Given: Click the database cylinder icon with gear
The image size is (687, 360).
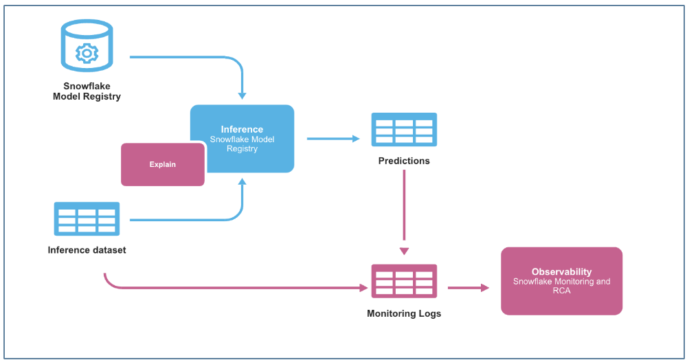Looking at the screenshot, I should tap(87, 47).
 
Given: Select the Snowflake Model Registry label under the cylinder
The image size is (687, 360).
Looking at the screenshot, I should tap(87, 91).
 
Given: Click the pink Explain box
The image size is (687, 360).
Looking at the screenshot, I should tap(163, 164).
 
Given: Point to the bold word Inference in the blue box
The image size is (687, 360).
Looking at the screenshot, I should tap(242, 129).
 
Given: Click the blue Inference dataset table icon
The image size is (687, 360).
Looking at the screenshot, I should tap(87, 218).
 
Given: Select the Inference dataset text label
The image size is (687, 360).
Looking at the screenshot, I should tap(87, 250).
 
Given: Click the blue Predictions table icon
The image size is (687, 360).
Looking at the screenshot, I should tap(404, 130).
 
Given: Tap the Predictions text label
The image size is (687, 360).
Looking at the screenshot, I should tap(404, 161).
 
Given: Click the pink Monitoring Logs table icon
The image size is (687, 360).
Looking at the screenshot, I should tap(404, 281).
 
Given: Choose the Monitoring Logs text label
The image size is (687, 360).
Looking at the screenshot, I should tap(404, 313).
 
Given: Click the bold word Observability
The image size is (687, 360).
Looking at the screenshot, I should tap(561, 272).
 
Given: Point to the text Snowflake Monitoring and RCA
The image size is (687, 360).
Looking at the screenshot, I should tap(561, 286).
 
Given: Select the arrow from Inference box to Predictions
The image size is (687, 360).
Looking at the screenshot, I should tap(333, 139).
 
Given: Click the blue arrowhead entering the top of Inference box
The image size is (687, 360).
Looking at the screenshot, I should tap(242, 95).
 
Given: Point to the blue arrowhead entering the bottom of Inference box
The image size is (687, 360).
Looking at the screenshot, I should tap(242, 181).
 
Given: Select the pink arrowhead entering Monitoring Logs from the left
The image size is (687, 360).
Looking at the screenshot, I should tap(363, 288).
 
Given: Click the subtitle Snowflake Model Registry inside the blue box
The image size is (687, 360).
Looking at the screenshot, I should tap(242, 144).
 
